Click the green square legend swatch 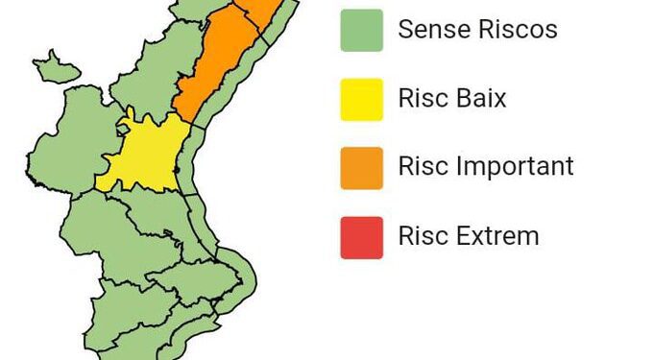[x=361, y=30]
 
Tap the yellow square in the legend [x=361, y=99]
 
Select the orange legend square [x=361, y=167]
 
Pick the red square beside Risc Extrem [x=361, y=236]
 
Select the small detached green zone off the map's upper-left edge [x=58, y=66]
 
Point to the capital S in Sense [x=405, y=30]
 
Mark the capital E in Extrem [x=463, y=235]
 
